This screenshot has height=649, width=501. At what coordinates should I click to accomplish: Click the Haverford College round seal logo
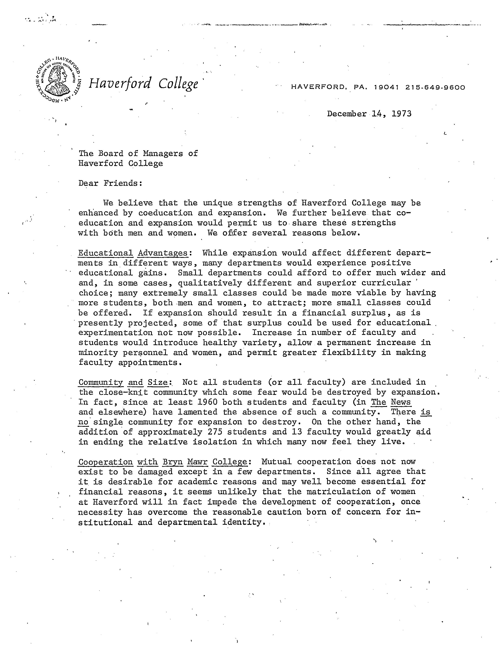pyautogui.click(x=57, y=80)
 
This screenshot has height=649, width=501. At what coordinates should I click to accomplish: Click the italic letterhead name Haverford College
pyautogui.click(x=143, y=84)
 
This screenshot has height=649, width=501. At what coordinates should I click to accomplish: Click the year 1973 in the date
pyautogui.click(x=402, y=114)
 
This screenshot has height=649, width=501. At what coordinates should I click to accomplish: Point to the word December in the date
pyautogui.click(x=347, y=114)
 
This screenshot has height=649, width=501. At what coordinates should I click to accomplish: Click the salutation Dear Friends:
pyautogui.click(x=110, y=183)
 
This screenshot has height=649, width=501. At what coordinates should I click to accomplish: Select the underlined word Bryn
pyautogui.click(x=173, y=462)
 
